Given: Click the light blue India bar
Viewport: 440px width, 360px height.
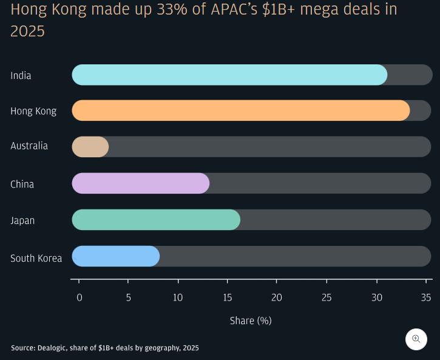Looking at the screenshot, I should click(x=229, y=75).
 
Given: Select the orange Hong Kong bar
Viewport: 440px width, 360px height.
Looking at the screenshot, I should click(x=240, y=110).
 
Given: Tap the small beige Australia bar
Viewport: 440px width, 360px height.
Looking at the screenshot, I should click(x=90, y=147).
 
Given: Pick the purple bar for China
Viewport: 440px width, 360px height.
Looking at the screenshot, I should click(x=141, y=183).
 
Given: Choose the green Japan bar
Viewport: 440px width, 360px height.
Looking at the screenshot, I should click(x=156, y=220).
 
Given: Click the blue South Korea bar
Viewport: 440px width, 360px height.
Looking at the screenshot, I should click(x=115, y=256).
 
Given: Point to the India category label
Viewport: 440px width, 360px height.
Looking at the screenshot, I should click(x=21, y=76).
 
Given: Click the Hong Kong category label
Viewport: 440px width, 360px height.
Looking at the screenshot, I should click(x=33, y=111).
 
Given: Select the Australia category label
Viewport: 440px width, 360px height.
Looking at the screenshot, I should click(x=29, y=146).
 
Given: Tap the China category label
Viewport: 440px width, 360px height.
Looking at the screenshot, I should click(x=22, y=184).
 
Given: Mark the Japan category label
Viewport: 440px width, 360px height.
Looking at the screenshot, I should click(x=22, y=220).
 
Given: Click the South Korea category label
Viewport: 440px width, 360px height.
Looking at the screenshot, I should click(x=36, y=258).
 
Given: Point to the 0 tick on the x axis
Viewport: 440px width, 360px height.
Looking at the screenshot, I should click(x=79, y=297).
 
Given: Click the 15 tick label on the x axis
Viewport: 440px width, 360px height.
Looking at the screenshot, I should click(x=228, y=297).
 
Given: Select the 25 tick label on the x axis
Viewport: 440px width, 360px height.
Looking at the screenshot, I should click(x=327, y=297).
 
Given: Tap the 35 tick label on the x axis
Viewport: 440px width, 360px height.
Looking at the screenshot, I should click(x=426, y=297).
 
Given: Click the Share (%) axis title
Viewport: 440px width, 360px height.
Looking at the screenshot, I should click(x=251, y=321).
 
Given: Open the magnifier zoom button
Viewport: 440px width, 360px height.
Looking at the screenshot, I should click(x=416, y=339).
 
